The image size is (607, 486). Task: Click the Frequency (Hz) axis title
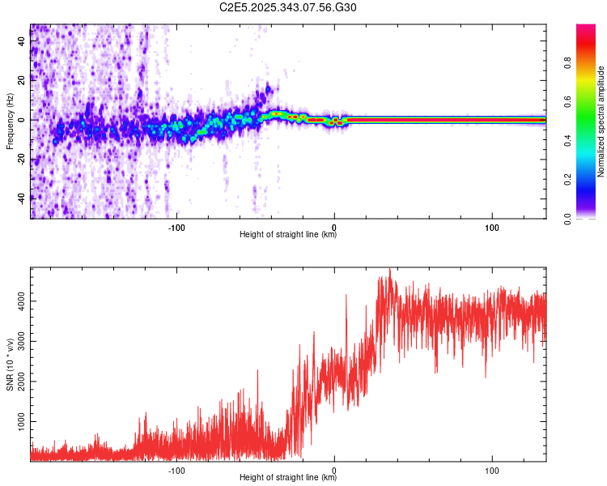coord(10,120)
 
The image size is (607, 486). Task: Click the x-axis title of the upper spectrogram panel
coord(288,235)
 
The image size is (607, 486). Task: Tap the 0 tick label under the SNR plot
coord(334,470)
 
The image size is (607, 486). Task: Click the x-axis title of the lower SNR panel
coord(288,478)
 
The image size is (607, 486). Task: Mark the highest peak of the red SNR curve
coord(390,270)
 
